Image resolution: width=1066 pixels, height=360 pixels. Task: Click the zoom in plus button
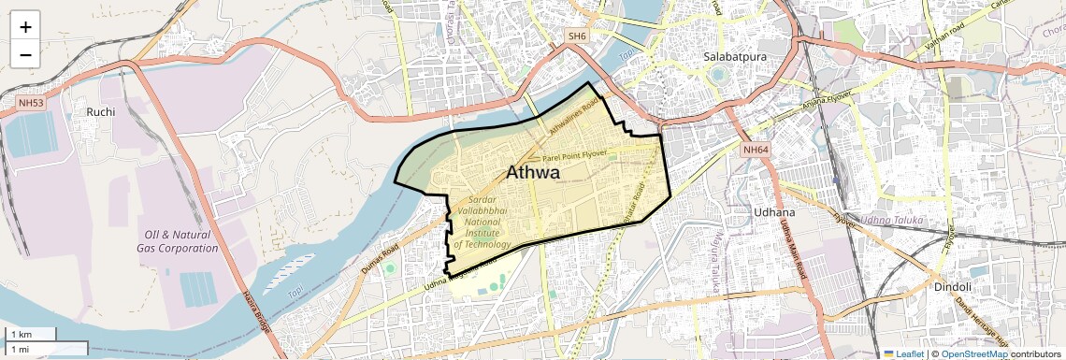(25, 27)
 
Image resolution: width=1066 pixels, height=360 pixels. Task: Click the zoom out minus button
(25, 54)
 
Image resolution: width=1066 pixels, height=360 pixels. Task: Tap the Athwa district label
(533, 173)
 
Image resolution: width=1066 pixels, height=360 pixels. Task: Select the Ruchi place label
(100, 112)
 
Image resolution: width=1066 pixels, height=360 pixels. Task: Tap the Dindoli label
(953, 287)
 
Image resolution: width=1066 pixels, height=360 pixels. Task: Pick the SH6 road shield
(577, 36)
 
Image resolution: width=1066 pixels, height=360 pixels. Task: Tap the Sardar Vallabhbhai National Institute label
(482, 223)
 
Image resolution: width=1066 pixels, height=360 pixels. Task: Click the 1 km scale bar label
(22, 335)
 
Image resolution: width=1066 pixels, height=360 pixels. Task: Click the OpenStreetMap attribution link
(973, 353)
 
